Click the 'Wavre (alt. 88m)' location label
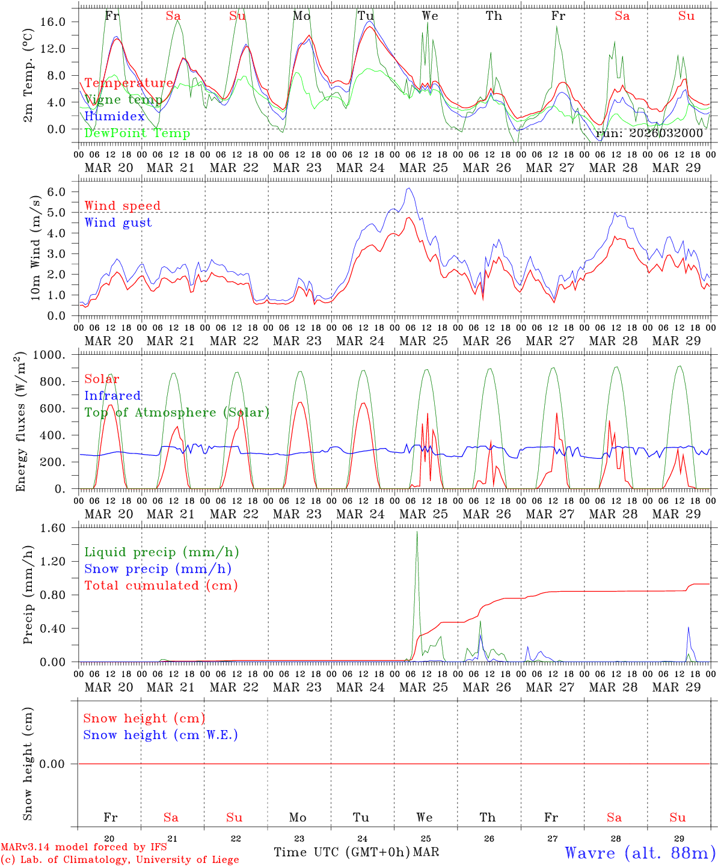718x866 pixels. [640, 853]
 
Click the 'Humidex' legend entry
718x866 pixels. [114, 116]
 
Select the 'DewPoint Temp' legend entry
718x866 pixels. [137, 133]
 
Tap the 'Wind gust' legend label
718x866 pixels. [118, 223]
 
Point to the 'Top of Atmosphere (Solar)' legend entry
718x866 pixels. [177, 413]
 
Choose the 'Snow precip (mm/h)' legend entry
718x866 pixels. [158, 569]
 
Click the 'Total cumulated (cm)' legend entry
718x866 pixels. [161, 585]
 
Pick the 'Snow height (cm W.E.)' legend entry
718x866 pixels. [161, 735]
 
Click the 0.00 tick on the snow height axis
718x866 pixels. [60, 764]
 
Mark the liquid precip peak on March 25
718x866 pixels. [417, 532]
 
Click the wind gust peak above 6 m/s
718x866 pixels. [409, 188]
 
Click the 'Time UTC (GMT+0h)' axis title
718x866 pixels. [342, 852]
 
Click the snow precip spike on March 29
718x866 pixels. [689, 627]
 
